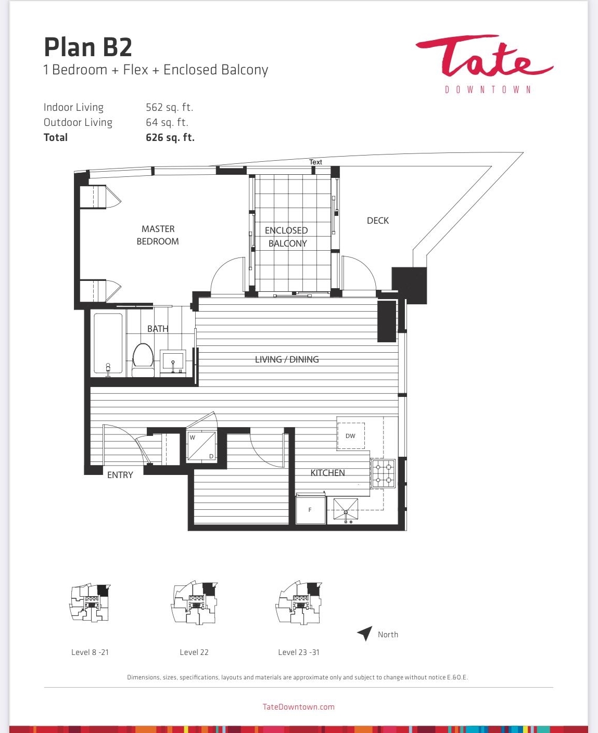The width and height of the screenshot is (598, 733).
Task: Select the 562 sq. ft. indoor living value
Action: coord(169,107)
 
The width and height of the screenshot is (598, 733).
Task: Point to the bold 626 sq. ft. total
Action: coord(170,138)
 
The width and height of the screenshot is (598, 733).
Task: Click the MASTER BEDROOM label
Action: coord(158,235)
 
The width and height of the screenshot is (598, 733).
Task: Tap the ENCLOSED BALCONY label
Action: coord(286,237)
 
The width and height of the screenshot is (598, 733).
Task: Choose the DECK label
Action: coord(377,221)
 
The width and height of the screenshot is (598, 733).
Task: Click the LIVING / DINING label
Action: coord(287,359)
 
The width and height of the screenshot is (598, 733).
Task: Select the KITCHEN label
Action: coord(327,473)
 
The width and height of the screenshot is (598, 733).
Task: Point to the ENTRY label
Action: coord(120,475)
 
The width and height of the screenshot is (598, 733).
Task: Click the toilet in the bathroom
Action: coord(143,359)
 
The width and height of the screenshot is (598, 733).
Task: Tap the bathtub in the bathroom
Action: coord(108,345)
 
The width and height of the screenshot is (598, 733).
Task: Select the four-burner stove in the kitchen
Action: coord(383,473)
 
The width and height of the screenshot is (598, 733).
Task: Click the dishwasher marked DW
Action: coord(351,436)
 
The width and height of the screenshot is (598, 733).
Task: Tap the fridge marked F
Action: coord(311,510)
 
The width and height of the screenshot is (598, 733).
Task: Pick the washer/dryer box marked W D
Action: coord(201,446)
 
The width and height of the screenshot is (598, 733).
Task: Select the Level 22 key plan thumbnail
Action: coord(194,602)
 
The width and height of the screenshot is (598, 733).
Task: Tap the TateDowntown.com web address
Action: coord(299,707)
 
